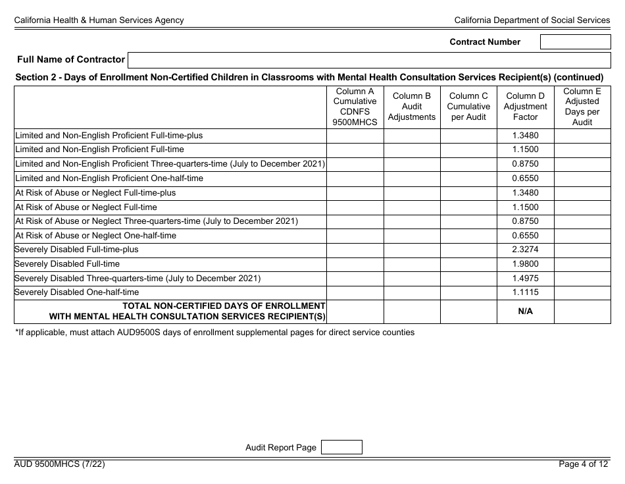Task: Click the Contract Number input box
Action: click(575, 42)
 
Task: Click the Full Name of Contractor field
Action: click(369, 60)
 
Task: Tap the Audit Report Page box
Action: click(341, 448)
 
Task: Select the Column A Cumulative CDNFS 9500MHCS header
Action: click(355, 107)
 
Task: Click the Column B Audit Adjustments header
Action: click(412, 107)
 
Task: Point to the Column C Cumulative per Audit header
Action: click(468, 107)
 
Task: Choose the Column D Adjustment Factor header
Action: click(525, 107)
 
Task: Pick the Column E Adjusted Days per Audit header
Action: click(582, 107)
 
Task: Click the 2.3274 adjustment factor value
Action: click(525, 250)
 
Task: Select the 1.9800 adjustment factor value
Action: click(525, 264)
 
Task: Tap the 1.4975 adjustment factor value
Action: click(525, 279)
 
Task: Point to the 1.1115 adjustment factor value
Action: click(525, 292)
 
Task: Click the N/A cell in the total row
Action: click(525, 311)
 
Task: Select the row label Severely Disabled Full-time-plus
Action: click(77, 250)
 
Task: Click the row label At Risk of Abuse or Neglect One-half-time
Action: click(95, 236)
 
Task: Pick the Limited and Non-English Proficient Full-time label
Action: click(99, 149)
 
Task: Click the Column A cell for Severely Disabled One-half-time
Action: click(355, 292)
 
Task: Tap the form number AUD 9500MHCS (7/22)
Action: click(59, 464)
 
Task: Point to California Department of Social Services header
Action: click(532, 20)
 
